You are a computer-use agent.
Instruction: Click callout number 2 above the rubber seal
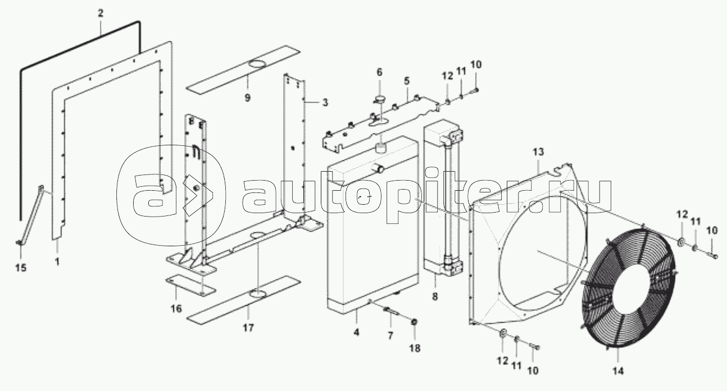[101, 12]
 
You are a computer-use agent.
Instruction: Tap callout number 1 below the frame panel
[57, 261]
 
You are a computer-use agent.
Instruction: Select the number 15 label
[20, 268]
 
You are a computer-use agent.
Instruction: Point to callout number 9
[247, 97]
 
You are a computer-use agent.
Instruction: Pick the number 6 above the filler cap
[379, 72]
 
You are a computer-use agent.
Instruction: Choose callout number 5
[406, 80]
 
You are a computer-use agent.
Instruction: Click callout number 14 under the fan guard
[617, 370]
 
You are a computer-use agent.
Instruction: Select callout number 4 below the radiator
[356, 333]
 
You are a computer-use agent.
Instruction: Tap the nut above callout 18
[415, 321]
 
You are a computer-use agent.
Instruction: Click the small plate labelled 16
[190, 287]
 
